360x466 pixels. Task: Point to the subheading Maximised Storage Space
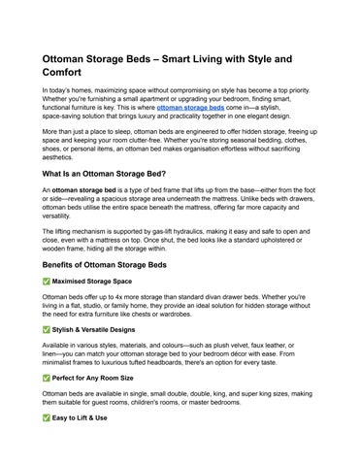(93, 282)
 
